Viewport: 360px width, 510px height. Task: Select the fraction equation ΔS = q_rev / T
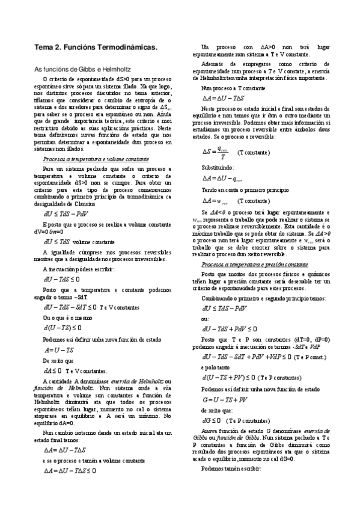pos(215,153)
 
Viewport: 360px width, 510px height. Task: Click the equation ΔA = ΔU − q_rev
pos(222,179)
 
